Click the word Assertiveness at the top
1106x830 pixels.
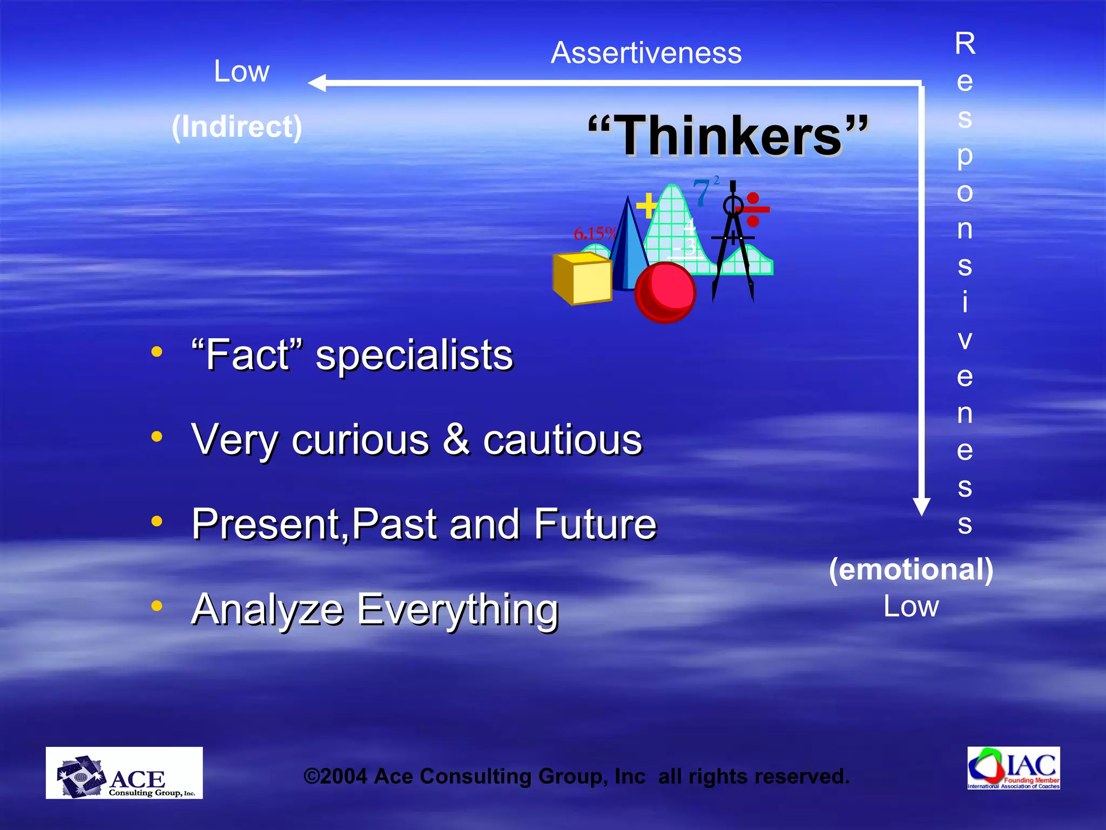(646, 53)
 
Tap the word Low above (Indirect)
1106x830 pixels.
(241, 71)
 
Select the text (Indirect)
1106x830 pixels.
(237, 127)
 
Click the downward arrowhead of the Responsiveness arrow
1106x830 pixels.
(921, 507)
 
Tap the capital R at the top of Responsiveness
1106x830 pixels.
(965, 43)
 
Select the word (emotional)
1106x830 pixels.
(911, 569)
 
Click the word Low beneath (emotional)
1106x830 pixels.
(911, 606)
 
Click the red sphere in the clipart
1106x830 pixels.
(665, 292)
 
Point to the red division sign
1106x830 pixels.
(753, 210)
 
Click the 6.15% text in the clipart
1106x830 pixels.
(594, 234)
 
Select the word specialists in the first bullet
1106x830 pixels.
(414, 357)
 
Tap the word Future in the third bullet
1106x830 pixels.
(595, 524)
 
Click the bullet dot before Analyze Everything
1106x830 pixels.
(157, 606)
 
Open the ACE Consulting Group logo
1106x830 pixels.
(124, 773)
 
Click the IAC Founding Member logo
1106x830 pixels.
(1013, 768)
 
